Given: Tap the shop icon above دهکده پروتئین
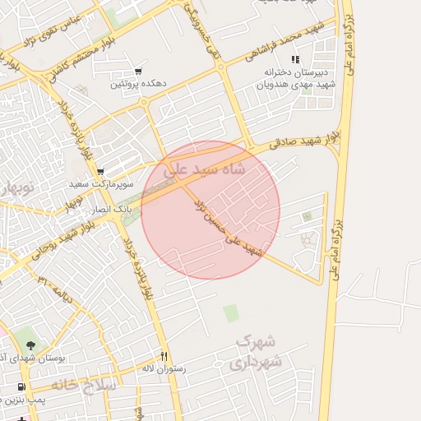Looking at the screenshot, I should tap(137, 71).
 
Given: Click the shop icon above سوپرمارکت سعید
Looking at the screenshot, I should tap(100, 172).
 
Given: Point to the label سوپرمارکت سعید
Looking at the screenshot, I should tap(96, 185).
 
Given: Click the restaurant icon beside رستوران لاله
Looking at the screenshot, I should tap(164, 356).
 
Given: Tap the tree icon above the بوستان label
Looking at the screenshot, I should tap(30, 345).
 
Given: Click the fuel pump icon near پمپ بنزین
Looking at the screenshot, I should tap(21, 386).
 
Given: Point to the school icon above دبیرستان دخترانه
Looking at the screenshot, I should tap(295, 59).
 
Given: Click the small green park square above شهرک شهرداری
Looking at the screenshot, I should tap(231, 313).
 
